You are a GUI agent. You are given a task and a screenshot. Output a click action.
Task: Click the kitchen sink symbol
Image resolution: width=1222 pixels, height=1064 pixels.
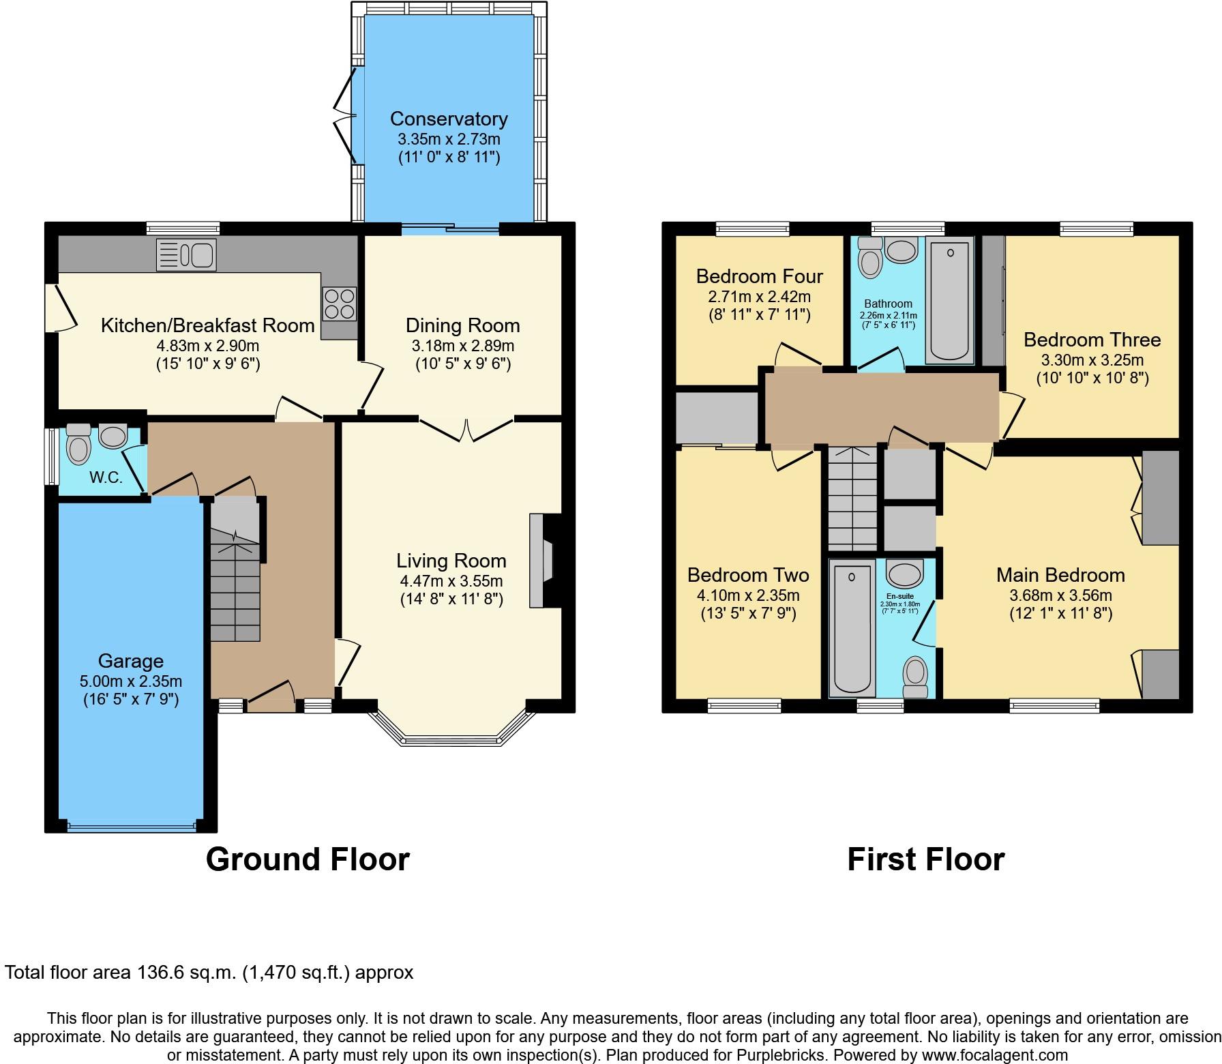(186, 254)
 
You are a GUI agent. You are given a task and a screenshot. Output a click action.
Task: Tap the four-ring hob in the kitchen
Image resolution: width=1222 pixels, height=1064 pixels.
(339, 304)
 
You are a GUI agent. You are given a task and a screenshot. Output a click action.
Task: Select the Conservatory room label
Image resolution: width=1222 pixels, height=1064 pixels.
(449, 119)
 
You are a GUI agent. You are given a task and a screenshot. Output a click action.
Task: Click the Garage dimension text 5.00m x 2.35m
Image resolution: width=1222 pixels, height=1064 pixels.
(131, 681)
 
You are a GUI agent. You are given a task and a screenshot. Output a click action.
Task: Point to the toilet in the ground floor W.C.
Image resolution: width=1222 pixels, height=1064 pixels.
(79, 445)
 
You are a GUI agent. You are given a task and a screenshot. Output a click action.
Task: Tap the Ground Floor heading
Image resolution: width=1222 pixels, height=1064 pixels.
(308, 859)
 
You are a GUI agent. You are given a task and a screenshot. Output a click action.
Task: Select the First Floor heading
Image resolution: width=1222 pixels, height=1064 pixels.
(925, 859)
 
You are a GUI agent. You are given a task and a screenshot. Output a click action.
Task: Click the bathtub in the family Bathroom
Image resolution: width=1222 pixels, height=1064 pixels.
(949, 301)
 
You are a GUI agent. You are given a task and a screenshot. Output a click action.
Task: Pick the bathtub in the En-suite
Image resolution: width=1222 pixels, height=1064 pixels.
(852, 629)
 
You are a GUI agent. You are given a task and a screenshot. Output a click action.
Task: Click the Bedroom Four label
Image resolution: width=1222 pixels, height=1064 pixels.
(759, 276)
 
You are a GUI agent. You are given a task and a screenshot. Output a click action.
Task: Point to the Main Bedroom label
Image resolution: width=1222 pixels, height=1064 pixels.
(1060, 575)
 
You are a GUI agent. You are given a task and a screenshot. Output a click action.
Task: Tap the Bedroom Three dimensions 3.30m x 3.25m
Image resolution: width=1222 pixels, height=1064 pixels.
(1092, 359)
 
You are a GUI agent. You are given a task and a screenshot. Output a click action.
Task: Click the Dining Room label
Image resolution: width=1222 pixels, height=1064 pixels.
(463, 325)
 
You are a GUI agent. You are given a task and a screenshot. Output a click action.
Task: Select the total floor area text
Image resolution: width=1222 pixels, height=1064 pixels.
(209, 972)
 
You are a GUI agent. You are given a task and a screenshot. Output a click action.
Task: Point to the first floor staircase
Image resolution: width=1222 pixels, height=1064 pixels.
(852, 497)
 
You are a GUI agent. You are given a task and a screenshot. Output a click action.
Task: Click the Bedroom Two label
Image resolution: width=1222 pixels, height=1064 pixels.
(748, 575)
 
